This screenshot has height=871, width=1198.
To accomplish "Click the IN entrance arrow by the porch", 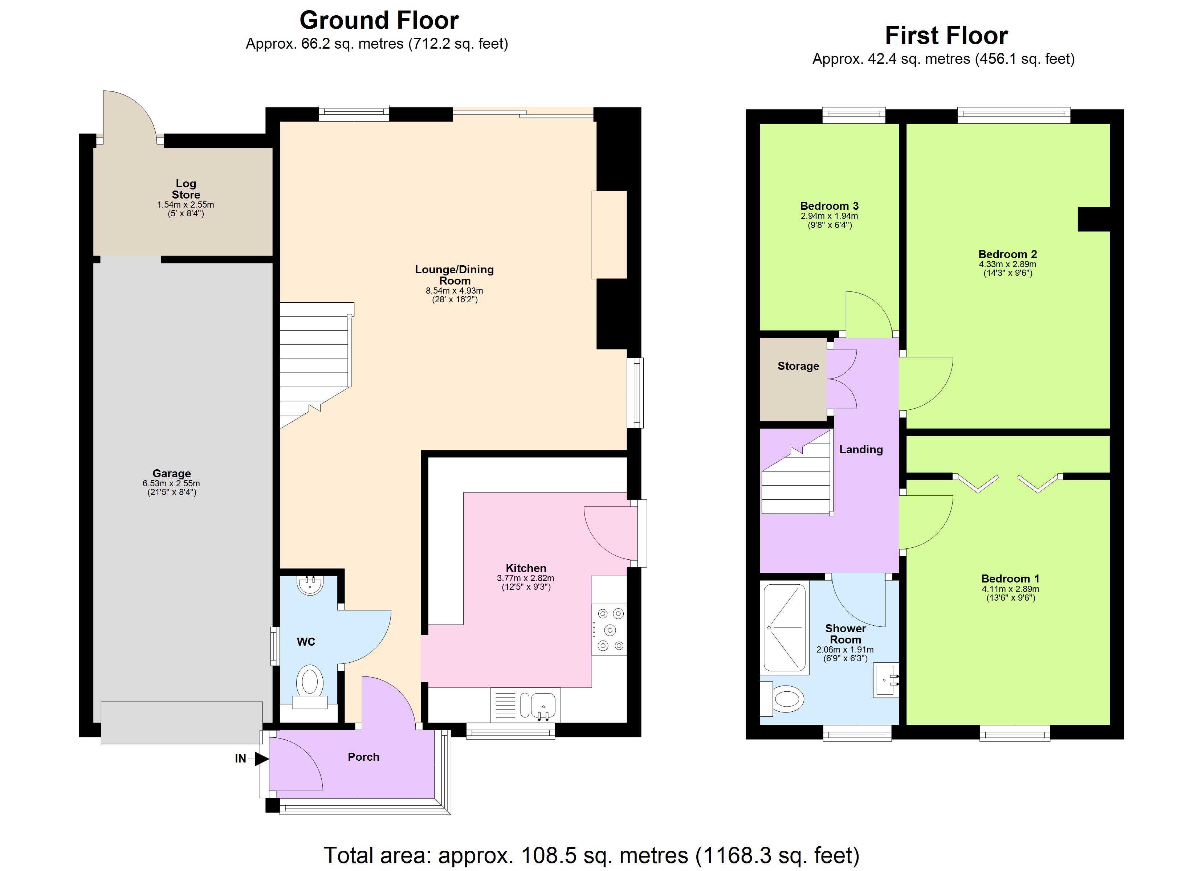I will coord(261,759).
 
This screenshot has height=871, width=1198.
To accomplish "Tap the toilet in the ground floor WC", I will coord(310,686).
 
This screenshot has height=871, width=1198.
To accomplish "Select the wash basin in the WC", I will coord(310,585).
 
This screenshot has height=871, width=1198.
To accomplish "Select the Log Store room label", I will coord(186,189).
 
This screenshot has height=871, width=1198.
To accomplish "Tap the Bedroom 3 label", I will coord(829,206).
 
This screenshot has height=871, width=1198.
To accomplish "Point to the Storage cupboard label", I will coord(798,366).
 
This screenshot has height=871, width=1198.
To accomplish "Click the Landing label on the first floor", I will coord(861,450).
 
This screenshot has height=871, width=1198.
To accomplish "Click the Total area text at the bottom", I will coord(592,855).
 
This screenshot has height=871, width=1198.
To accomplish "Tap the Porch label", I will coord(363,757).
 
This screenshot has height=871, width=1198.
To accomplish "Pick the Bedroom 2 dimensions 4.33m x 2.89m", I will coord(1007,264).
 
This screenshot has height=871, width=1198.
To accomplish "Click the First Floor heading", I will coord(946,36).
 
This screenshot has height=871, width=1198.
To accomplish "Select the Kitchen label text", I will coord(526,568).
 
